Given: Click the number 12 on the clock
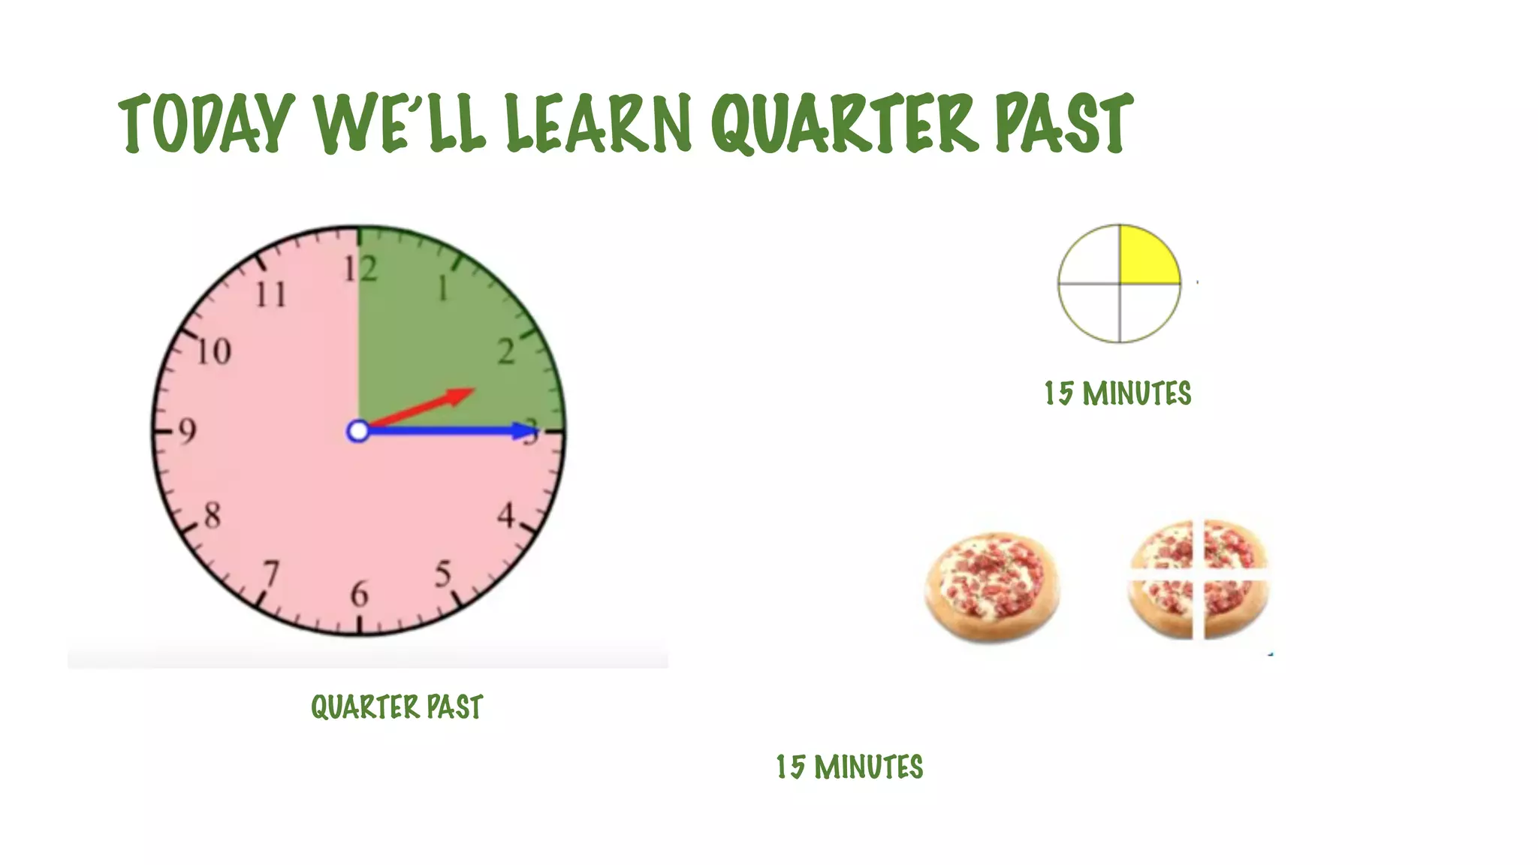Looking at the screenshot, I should (x=360, y=269).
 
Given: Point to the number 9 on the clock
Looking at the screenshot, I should (x=187, y=431).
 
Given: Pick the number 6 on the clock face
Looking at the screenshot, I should (x=360, y=595).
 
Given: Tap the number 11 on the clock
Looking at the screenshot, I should (x=270, y=294).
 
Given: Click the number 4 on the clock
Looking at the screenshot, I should (x=506, y=516).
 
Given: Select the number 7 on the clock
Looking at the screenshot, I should (x=271, y=574).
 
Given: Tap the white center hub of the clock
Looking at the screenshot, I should (x=358, y=431).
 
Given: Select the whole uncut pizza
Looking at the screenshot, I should (x=992, y=587).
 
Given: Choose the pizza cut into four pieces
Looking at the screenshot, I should (x=1199, y=579).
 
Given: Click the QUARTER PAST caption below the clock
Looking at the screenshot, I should (x=397, y=707).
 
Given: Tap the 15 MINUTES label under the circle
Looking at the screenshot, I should (x=1117, y=393).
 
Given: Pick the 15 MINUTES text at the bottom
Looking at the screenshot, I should (x=849, y=767).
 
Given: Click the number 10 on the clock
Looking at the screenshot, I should (x=213, y=351).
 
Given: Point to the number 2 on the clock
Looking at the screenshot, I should (x=507, y=351).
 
